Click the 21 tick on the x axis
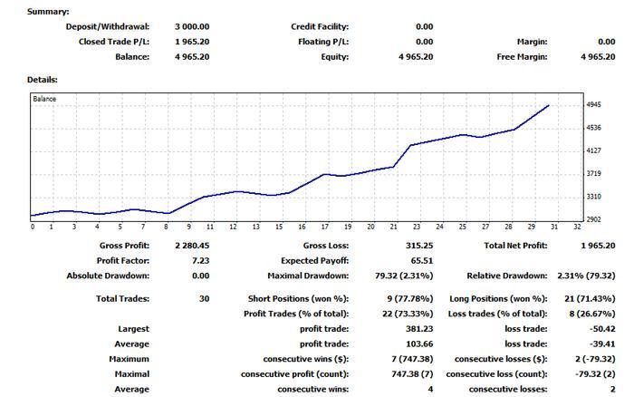coord(394,227)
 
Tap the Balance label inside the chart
coord(44,98)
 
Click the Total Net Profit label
coord(516,246)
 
